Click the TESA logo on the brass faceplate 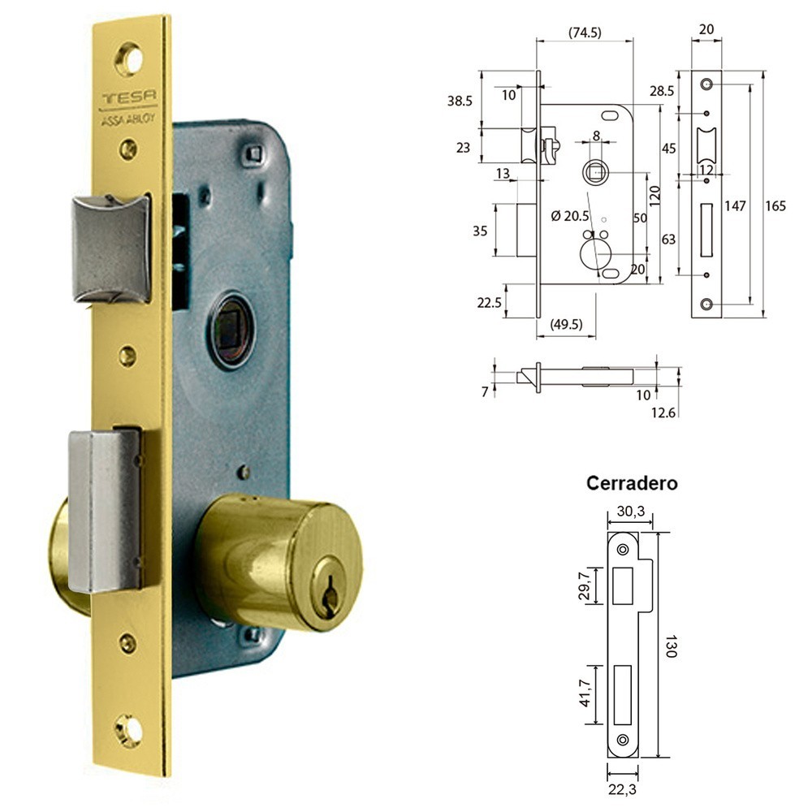(129, 97)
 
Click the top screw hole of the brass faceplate (128, 59)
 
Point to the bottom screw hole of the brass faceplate (127, 731)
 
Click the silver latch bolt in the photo (112, 248)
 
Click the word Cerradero (632, 482)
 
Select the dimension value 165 (775, 205)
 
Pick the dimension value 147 (735, 205)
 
